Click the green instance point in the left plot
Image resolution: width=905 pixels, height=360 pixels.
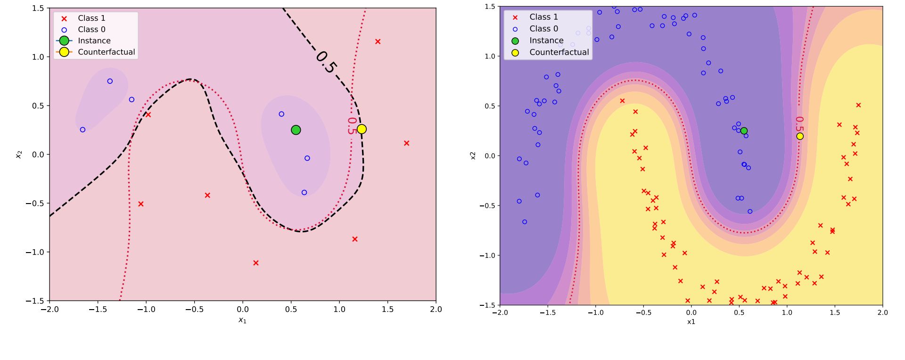point(296,130)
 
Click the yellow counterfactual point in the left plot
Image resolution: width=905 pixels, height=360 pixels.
point(362,129)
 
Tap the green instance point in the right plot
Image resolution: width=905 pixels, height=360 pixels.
point(744,131)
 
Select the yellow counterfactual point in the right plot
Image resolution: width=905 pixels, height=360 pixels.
point(800,136)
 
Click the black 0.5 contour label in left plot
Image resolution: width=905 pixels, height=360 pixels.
point(326,62)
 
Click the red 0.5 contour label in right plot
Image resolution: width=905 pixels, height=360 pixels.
point(799,125)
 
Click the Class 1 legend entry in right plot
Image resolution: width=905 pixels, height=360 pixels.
point(543,17)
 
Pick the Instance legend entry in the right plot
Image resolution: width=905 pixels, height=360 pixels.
point(546,41)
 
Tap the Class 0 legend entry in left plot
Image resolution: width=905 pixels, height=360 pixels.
point(91,29)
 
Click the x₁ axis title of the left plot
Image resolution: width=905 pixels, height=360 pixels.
point(242,320)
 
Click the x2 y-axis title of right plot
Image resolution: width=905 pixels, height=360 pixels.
point(473,155)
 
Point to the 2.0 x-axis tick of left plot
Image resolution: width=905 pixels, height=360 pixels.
point(436,310)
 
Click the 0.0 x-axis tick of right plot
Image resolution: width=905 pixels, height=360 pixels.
point(691,312)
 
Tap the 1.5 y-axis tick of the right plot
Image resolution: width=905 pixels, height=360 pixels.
point(490,7)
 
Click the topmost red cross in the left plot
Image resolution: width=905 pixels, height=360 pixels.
point(378,41)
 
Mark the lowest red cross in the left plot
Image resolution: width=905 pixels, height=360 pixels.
point(256,263)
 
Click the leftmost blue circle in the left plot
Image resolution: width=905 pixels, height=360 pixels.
point(82,130)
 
